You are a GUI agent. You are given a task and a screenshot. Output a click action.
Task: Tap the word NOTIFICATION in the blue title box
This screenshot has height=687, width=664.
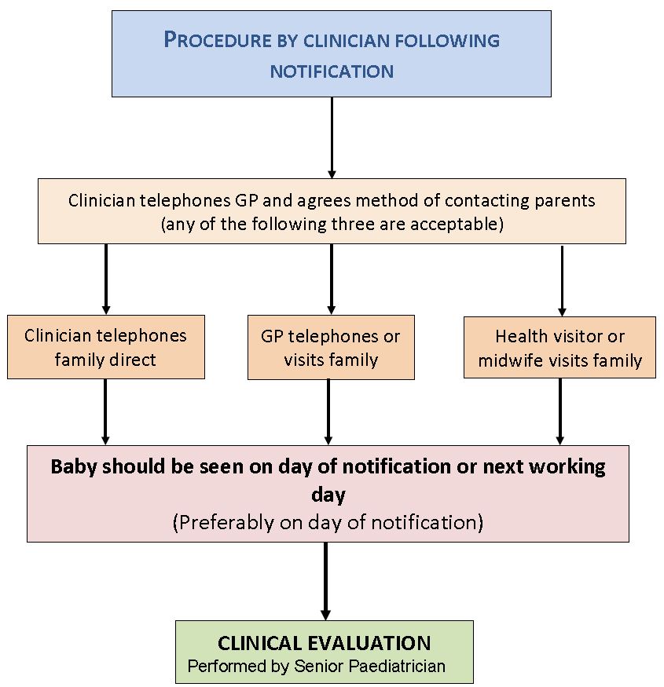coord(332,71)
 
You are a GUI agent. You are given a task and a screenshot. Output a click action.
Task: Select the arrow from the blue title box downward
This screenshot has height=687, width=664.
coord(332,137)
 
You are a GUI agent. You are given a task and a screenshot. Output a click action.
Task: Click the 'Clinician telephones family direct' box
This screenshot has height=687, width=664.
coord(106,347)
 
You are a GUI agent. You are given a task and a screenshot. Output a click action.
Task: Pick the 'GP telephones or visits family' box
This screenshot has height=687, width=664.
coord(331,348)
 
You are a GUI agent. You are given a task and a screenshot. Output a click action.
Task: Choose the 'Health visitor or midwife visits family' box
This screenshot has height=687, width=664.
coord(559,348)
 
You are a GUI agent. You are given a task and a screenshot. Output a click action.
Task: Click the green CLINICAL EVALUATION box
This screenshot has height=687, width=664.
coord(324,652)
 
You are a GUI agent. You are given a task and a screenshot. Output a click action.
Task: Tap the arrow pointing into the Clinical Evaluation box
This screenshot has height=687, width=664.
coord(325,581)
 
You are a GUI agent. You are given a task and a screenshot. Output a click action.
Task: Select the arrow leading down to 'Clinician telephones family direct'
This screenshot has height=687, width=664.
coord(106,279)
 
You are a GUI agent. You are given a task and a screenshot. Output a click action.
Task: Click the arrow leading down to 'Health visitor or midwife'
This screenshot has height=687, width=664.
coord(562,280)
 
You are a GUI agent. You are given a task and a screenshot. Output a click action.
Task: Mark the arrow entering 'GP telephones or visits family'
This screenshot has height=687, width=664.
coord(332,279)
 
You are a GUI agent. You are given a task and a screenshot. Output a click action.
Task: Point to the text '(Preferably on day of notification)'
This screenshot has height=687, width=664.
coord(328,522)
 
